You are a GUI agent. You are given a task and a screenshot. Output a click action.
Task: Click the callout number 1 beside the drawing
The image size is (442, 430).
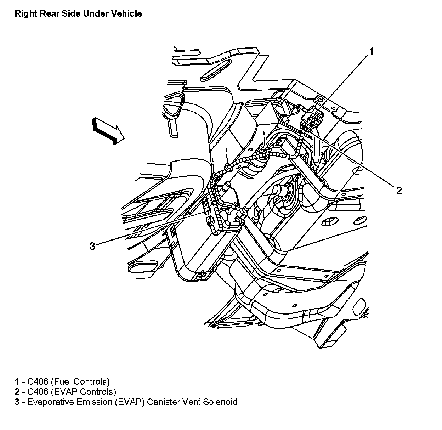pos(372,52)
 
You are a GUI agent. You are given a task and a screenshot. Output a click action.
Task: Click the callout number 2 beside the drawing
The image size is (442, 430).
pos(399,190)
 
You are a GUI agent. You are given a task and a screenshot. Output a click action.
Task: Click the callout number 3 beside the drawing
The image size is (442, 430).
pos(92,246)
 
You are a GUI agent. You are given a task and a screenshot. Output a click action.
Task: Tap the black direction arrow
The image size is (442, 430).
pos(108,131)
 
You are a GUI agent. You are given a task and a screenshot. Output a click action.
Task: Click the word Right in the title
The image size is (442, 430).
pos(26,14)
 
